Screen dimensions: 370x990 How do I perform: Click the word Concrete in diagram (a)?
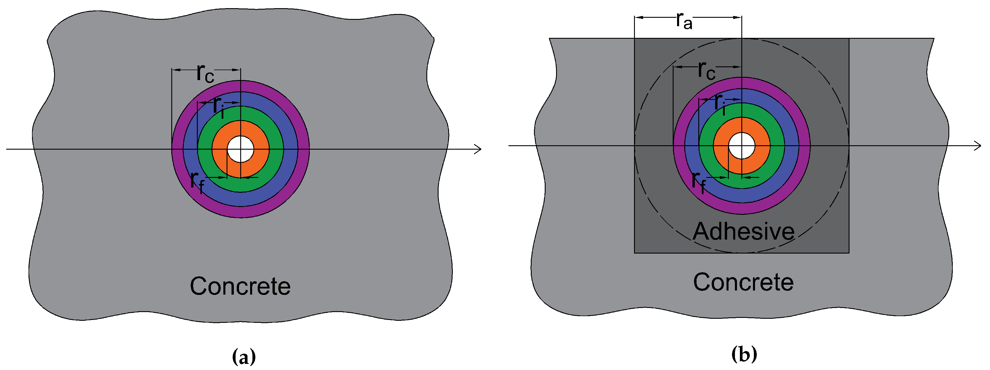point(240,286)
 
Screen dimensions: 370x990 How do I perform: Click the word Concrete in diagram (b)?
point(743,283)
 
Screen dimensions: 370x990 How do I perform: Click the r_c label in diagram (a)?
point(205,73)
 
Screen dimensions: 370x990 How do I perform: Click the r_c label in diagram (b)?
point(706,70)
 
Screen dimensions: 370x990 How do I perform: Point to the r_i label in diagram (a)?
point(219,106)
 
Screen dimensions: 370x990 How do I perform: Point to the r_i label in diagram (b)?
point(720,103)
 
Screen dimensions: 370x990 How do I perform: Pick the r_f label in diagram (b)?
point(698,182)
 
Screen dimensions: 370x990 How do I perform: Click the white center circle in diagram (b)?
point(742,146)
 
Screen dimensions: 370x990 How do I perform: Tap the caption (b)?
point(744,354)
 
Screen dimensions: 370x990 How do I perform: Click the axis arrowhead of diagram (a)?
point(478,149)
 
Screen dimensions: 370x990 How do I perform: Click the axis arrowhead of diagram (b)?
point(978,146)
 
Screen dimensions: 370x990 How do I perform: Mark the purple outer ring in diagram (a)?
point(304,149)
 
